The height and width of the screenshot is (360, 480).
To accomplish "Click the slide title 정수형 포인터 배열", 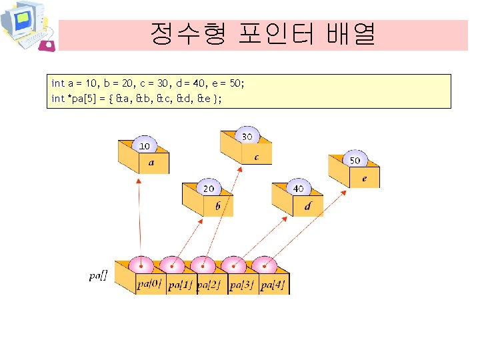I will click(x=262, y=33).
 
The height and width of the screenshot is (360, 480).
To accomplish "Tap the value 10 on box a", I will click(x=144, y=146).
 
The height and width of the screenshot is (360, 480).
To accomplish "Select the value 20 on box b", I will click(x=209, y=189).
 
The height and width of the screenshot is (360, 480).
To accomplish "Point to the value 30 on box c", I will click(x=247, y=137).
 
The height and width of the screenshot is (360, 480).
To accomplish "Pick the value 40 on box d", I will click(x=298, y=189).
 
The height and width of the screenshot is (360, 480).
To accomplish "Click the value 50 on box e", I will click(x=355, y=161).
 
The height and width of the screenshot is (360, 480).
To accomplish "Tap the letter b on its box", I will click(x=218, y=207).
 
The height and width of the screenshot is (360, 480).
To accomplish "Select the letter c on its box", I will click(x=257, y=157).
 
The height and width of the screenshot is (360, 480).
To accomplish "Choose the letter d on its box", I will click(x=307, y=207).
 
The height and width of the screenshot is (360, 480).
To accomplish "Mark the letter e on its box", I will click(x=364, y=179).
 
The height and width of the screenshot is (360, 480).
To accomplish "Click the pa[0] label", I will click(x=149, y=285).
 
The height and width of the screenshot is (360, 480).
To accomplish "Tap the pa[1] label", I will click(x=181, y=285).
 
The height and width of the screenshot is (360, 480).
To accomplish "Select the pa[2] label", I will click(x=210, y=285).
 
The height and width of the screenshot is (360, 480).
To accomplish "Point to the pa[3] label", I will click(x=241, y=285).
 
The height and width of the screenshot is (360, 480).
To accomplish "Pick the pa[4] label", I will click(x=273, y=285).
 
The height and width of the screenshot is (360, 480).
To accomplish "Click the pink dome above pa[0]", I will click(x=141, y=264).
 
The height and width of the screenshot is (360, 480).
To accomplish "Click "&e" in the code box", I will click(x=203, y=98).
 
